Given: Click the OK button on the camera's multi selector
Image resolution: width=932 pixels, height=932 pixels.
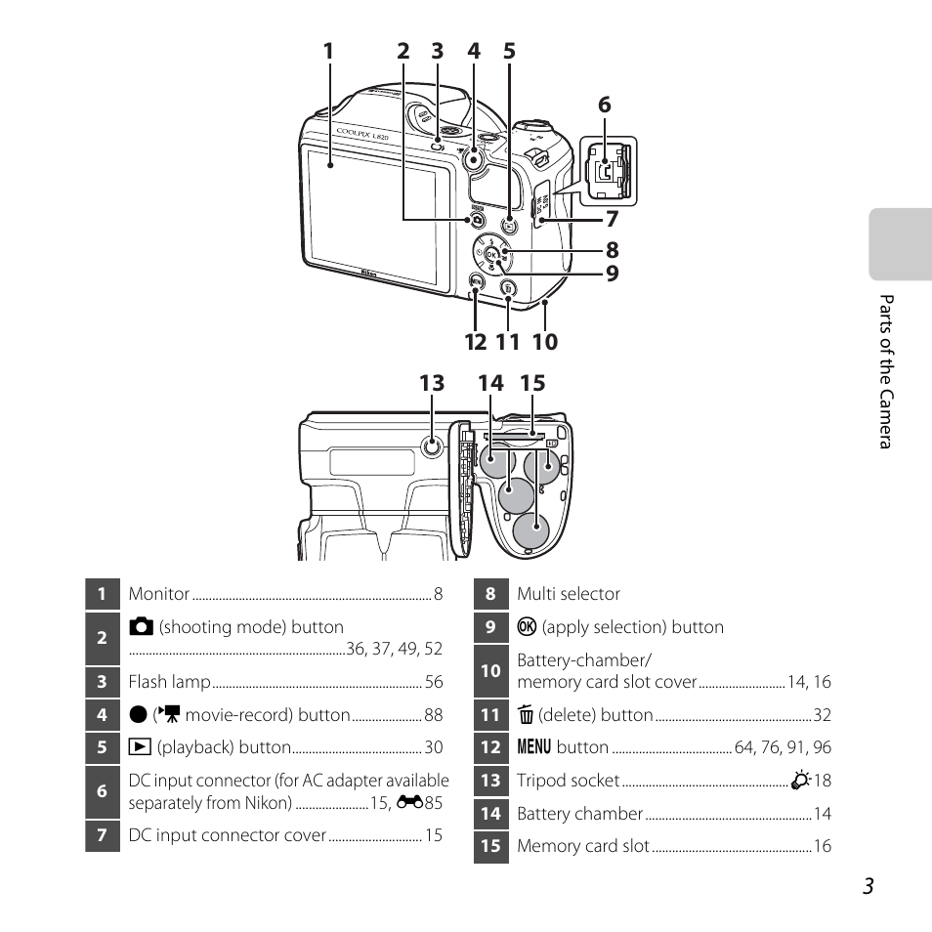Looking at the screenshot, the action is coord(491,255).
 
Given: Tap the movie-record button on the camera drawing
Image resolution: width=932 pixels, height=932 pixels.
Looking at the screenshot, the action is coord(474,159).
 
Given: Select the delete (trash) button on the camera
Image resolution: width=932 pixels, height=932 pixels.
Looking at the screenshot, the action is coord(508,289).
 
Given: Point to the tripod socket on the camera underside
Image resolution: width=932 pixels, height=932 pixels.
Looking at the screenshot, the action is coord(432,448).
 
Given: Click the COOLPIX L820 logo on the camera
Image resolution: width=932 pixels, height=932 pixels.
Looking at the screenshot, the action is coord(362,134).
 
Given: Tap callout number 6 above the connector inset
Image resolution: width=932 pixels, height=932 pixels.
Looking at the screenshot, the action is coord(604,105).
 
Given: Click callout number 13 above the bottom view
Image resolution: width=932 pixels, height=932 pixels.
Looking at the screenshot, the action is coord(432,383).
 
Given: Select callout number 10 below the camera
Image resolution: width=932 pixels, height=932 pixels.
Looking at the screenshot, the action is coord(545,342).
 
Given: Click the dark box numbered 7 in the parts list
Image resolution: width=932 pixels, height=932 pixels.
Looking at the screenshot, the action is coord(103,835).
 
